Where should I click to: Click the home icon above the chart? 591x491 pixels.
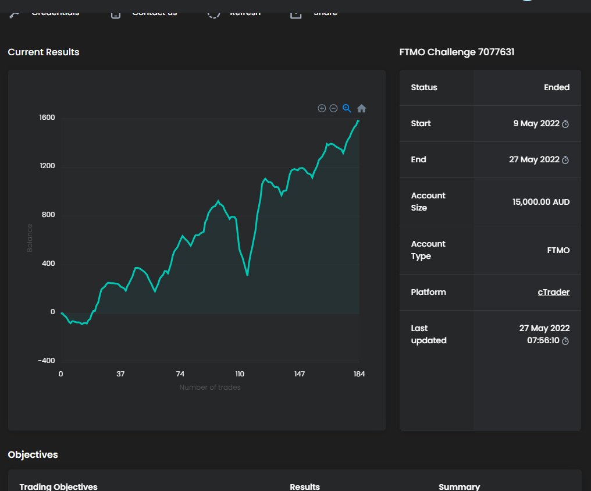[361, 109]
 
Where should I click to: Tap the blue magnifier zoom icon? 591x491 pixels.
[347, 108]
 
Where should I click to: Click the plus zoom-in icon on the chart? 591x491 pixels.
[322, 108]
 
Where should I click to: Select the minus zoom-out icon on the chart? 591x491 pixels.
[334, 108]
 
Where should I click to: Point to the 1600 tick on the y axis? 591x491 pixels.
[47, 118]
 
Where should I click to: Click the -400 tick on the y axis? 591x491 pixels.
[46, 361]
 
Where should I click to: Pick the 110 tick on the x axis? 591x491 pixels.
[240, 374]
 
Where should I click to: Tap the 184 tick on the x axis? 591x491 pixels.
[359, 374]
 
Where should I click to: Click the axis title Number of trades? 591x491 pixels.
[209, 387]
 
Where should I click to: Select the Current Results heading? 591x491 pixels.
[44, 52]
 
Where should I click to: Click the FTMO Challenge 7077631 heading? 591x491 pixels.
[457, 52]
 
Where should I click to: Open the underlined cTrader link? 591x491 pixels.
[553, 292]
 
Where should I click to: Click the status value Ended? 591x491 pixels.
[557, 87]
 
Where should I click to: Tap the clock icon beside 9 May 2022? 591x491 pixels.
[565, 124]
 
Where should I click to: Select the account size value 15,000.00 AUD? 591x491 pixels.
[541, 202]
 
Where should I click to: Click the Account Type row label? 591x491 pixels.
[428, 250]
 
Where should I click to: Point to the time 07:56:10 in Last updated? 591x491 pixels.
[543, 340]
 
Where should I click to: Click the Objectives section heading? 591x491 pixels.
[33, 454]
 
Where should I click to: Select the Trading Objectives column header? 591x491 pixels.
[58, 486]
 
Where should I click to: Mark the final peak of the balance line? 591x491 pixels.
[358, 120]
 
